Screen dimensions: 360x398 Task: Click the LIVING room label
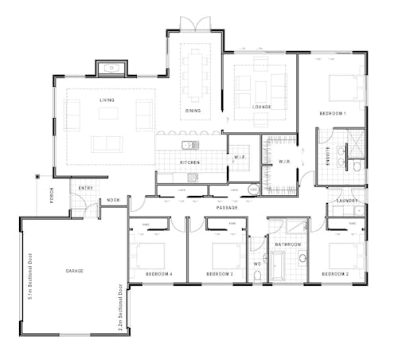click(107, 100)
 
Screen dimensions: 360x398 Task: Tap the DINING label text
click(193, 111)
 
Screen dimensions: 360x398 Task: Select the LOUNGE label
click(263, 106)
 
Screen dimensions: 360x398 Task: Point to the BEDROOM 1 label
click(332, 114)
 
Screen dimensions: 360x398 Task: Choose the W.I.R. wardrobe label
click(284, 162)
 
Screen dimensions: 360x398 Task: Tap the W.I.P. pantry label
click(240, 157)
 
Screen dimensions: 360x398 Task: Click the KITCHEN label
click(189, 162)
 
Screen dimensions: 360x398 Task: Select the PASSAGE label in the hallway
click(227, 208)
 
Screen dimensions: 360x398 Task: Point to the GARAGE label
click(75, 272)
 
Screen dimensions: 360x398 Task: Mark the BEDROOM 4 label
click(159, 274)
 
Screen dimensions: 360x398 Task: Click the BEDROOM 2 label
click(335, 274)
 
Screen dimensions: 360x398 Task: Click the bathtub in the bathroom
click(279, 266)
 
